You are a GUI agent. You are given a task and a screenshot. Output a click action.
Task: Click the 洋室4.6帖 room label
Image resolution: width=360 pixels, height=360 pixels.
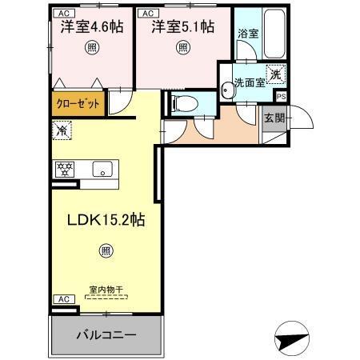coord(90,27)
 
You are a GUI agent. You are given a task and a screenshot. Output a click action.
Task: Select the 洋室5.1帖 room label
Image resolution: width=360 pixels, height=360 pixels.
coord(184,27)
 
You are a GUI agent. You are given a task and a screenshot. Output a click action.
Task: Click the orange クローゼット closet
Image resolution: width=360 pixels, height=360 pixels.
coord(78,102)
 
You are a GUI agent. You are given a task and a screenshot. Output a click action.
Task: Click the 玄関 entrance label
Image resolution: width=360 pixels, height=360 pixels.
coord(273,118)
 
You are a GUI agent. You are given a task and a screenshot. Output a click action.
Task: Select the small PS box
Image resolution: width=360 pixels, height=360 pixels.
coord(280,96)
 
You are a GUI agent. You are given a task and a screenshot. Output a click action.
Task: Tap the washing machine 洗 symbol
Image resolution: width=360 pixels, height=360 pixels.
coord(274,73)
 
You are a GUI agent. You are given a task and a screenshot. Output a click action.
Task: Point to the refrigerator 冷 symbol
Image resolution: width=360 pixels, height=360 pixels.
coord(61,128)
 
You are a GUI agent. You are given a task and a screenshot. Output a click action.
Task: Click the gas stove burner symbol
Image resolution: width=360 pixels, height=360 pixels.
coord(64,169)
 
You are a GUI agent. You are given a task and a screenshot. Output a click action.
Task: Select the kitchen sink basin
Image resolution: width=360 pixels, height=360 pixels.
coord(102,169)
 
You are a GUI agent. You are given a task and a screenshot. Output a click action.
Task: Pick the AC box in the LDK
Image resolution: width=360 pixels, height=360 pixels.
coord(62,299)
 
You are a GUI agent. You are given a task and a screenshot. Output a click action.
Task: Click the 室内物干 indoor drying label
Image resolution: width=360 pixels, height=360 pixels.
coord(104,289)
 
